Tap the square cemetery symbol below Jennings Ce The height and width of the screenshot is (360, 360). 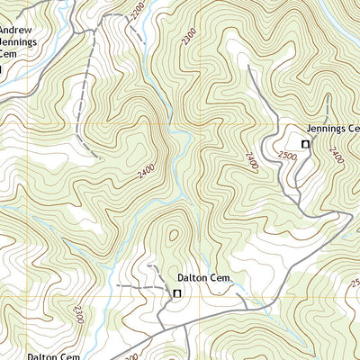304,144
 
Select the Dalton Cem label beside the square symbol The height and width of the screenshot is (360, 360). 204,279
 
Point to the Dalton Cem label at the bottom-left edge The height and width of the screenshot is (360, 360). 53,355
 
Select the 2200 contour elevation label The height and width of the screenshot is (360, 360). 136,10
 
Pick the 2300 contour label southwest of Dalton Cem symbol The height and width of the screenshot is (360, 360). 79,315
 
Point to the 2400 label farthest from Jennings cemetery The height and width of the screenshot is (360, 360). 147,168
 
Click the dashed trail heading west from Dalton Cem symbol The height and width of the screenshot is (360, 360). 135,286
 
